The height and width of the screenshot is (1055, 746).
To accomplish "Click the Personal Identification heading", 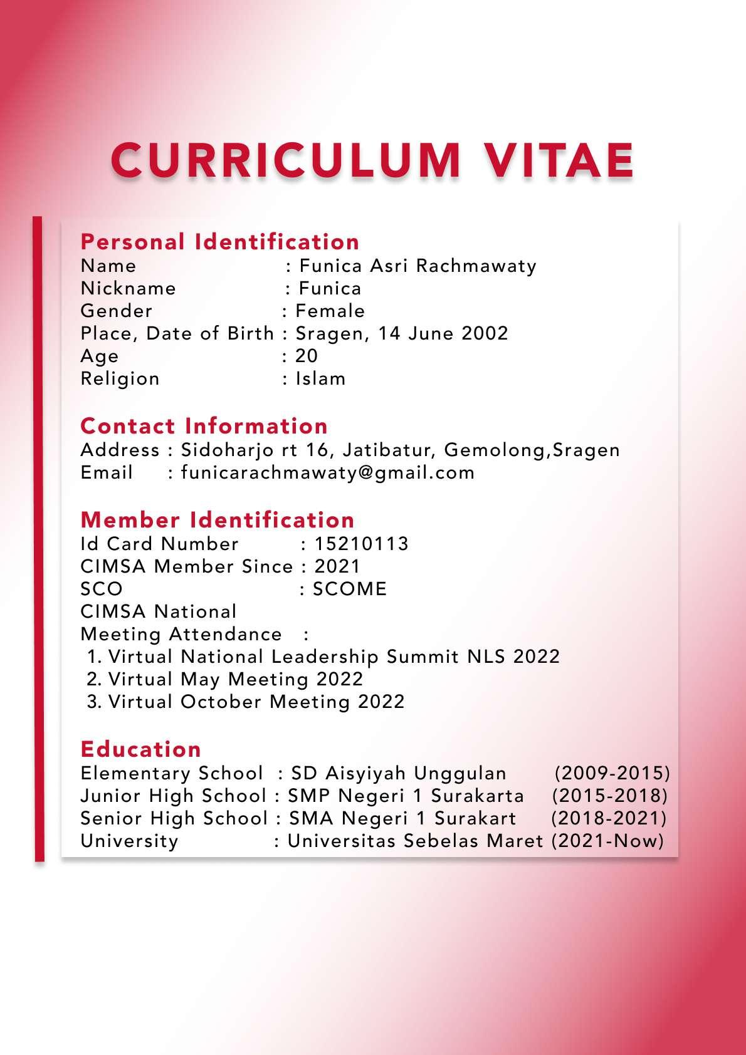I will [x=220, y=242].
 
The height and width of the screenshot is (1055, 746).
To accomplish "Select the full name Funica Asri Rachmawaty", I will [x=418, y=266].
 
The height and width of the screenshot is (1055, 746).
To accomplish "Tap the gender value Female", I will [x=330, y=311].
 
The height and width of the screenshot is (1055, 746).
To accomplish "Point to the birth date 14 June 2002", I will [x=443, y=333].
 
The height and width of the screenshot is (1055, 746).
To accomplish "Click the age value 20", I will [x=307, y=356].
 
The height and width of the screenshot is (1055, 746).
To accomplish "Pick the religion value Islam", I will [x=320, y=378].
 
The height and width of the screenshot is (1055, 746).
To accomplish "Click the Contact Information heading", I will [x=204, y=426].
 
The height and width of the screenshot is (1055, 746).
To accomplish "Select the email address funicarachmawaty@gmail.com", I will [x=327, y=472].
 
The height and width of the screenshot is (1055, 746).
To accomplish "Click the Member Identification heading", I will [x=218, y=520].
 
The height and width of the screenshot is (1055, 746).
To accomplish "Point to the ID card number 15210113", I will [x=361, y=544].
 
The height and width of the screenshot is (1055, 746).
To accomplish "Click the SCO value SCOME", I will [x=350, y=589].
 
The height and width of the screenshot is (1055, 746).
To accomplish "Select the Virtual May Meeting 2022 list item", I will [x=235, y=679].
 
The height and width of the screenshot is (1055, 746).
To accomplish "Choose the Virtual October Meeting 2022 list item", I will [x=256, y=702].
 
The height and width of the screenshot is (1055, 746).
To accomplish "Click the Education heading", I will [x=141, y=749].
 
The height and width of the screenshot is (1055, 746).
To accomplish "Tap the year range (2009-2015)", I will [x=612, y=773].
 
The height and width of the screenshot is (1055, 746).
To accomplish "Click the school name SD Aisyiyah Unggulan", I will [x=399, y=773].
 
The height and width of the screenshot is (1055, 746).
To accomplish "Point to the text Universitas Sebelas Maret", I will [x=415, y=841].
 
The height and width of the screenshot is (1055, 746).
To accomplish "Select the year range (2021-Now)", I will [x=607, y=841].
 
